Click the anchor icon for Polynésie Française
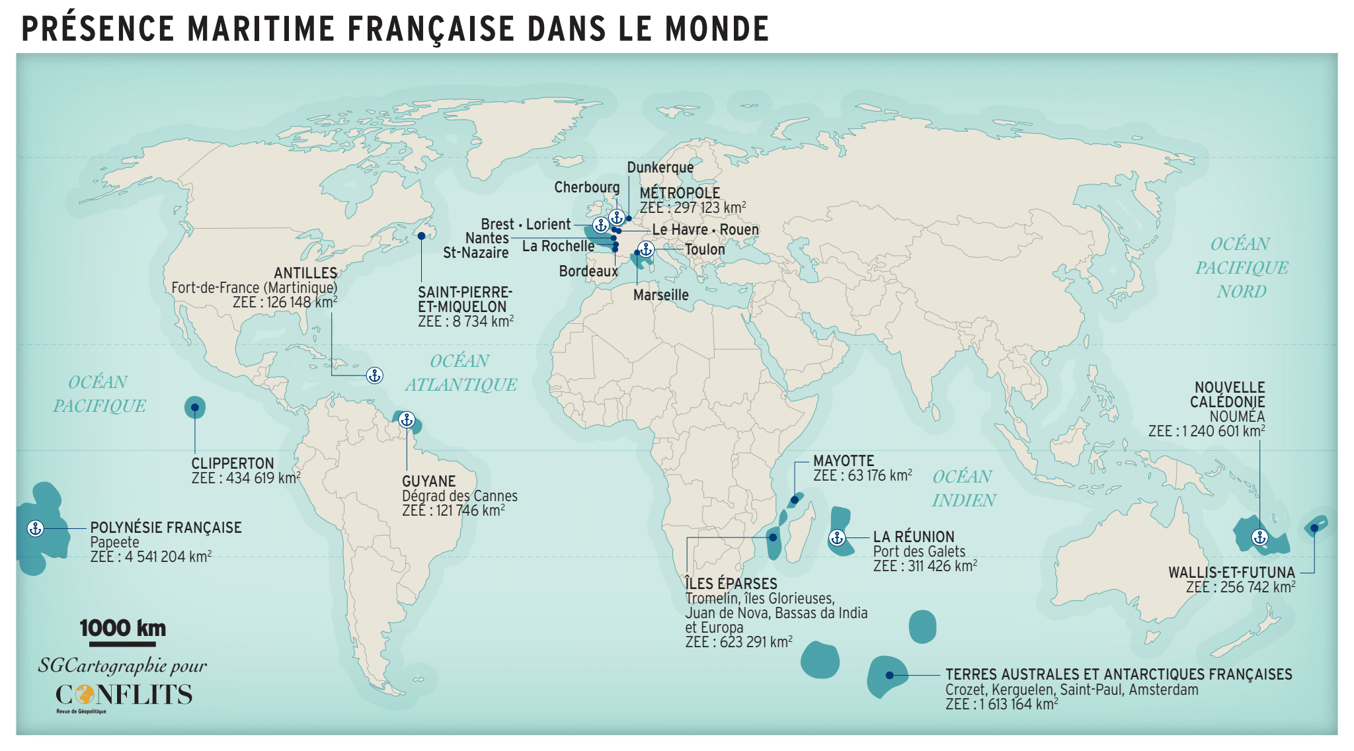pyautogui.click(x=35, y=528)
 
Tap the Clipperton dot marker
pyautogui.click(x=195, y=408)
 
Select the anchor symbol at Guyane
pyautogui.click(x=407, y=420)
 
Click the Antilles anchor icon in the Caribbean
pyautogui.click(x=375, y=375)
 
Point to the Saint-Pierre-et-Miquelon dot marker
pyautogui.click(x=421, y=236)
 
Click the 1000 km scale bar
pyautogui.click(x=122, y=643)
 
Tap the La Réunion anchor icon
pyautogui.click(x=837, y=537)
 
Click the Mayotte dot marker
pyautogui.click(x=795, y=500)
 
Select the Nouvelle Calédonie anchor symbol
pyautogui.click(x=1259, y=537)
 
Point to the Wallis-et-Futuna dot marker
pyautogui.click(x=1314, y=528)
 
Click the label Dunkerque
pyautogui.click(x=660, y=167)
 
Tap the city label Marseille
pyautogui.click(x=660, y=295)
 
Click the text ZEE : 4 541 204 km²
pyautogui.click(x=151, y=557)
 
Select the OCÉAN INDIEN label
pyautogui.click(x=963, y=488)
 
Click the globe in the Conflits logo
pyautogui.click(x=85, y=695)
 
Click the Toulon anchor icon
pyautogui.click(x=646, y=249)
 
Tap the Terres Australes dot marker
pyautogui.click(x=890, y=675)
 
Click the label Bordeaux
pyautogui.click(x=588, y=271)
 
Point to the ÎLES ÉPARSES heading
pyautogui.click(x=731, y=584)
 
